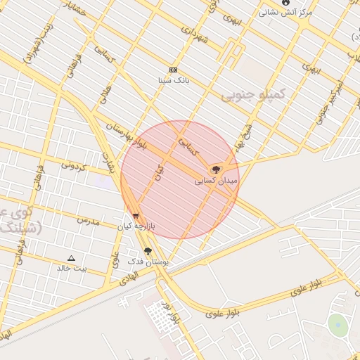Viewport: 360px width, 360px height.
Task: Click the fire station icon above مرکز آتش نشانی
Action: coord(285,3)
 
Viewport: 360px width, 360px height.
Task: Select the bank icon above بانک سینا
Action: coord(173,70)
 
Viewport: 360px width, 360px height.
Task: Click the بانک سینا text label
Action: coord(173,79)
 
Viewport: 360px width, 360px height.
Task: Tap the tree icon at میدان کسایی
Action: coord(216,169)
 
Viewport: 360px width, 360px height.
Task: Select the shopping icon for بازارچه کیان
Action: coord(136,216)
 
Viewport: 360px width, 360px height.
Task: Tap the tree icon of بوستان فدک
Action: coord(147,251)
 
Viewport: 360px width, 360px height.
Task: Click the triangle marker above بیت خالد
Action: coord(71,258)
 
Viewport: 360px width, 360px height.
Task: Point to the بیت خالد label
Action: coord(72,268)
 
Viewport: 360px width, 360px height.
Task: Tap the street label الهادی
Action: coord(127,276)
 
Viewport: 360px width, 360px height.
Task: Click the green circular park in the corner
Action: coord(338,326)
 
